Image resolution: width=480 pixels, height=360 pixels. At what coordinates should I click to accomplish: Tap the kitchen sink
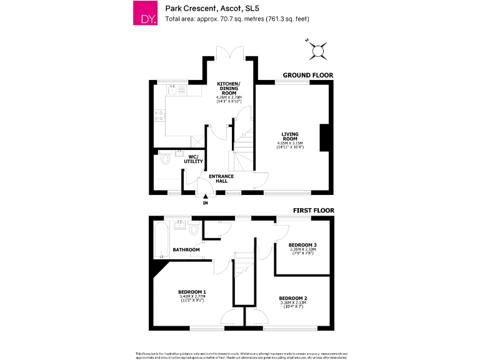176,89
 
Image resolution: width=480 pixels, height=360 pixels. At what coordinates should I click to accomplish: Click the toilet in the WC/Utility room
164,159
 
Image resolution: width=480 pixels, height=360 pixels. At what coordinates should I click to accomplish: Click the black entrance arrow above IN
205,196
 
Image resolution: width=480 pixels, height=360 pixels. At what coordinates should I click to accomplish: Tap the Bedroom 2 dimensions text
294,304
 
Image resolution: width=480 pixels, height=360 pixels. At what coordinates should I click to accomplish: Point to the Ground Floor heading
307,75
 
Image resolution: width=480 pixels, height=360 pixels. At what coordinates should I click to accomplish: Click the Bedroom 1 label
192,292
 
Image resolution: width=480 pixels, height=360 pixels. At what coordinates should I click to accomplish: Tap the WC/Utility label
193,159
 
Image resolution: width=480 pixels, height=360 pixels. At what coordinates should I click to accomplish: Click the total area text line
237,18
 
